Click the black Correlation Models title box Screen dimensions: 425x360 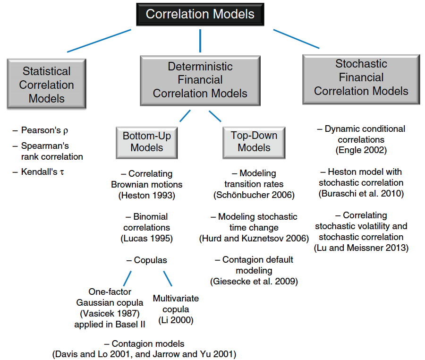click(200, 14)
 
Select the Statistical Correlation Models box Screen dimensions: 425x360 click(47, 84)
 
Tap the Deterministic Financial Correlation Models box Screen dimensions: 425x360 click(200, 80)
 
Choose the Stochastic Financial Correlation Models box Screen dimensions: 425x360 click(361, 79)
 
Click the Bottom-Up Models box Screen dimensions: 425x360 click(147, 143)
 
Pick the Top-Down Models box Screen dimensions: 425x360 click(254, 143)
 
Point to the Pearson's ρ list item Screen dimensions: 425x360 click(41, 130)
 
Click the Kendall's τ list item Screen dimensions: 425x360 click(38, 172)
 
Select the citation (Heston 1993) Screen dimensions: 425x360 click(147, 196)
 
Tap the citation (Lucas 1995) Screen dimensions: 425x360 click(147, 239)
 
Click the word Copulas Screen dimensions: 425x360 click(151, 260)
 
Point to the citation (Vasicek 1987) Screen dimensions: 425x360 click(110, 314)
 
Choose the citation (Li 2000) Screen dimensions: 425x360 click(176, 320)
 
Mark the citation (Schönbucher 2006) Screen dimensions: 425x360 click(254, 195)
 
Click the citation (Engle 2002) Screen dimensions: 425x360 click(361, 150)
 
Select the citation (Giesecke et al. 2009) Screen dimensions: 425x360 click(254, 282)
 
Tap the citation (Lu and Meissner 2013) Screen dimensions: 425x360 click(361, 248)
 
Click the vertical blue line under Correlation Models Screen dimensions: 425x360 click(200, 41)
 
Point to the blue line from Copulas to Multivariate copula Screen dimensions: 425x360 click(168, 278)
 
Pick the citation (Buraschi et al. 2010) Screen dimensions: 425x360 click(361, 194)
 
